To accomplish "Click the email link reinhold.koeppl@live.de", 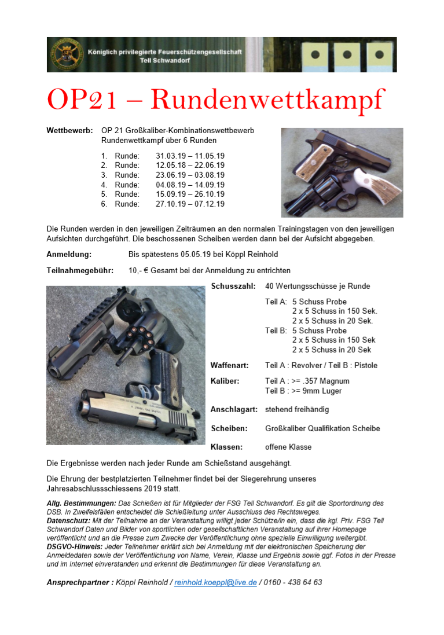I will pos(215,582).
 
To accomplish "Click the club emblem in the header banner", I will pos(65,54).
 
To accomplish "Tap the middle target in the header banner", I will pos(347,56).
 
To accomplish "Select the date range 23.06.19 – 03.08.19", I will pos(190,175).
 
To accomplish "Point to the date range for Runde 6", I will pos(190,204).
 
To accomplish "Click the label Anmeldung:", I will pos(69,254).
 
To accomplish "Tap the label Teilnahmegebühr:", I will pos(80,270).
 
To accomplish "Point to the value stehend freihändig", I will pos(297,409).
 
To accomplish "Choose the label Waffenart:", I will pos(230,365).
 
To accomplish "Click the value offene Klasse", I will pos(288,447).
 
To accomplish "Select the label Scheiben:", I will pos(229,428).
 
